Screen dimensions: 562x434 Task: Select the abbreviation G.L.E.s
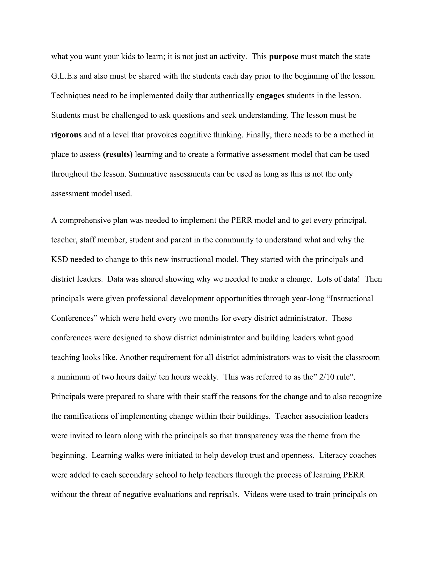(64, 76)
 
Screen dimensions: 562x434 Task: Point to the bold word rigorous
(66, 135)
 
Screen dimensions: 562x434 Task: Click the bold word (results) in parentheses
(117, 154)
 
